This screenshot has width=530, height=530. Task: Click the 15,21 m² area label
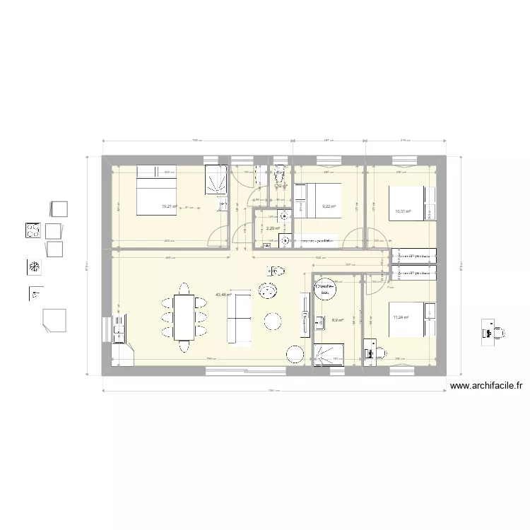point(168,206)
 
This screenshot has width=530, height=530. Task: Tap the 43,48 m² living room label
point(223,295)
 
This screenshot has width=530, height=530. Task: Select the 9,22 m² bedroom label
point(329,206)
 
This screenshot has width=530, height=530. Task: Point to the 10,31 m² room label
point(403,211)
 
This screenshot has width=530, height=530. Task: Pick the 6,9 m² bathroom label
point(337,320)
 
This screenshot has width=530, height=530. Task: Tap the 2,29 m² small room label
point(273,228)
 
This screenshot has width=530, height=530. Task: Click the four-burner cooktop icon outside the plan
point(32,231)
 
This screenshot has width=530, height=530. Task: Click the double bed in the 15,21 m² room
point(155,189)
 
